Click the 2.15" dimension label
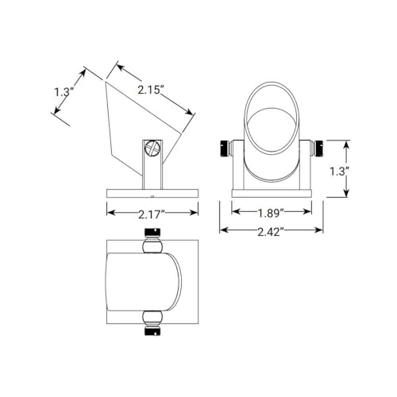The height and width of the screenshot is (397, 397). tap(149, 91)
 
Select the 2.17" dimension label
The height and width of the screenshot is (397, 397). tap(152, 214)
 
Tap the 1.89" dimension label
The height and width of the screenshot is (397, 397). tap(271, 213)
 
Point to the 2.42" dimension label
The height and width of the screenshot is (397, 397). tap(271, 232)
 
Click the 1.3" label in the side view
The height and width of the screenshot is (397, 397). tap(64, 92)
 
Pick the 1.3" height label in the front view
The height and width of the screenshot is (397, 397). tap(338, 172)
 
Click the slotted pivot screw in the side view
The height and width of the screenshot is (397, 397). tap(152, 148)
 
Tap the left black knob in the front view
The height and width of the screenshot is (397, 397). tap(224, 148)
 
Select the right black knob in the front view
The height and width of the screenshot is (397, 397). tap(318, 148)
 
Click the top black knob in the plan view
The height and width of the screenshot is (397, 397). tap(152, 232)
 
